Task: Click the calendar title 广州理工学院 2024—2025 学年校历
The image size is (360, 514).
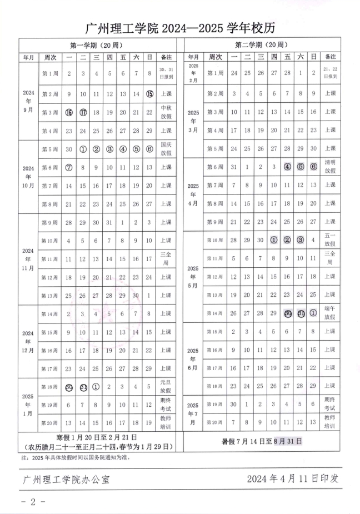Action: tap(180, 27)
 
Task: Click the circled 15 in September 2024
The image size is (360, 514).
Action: tap(149, 94)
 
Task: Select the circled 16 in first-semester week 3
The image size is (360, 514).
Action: tap(69, 112)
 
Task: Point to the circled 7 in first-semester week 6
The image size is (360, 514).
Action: tap(69, 167)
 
